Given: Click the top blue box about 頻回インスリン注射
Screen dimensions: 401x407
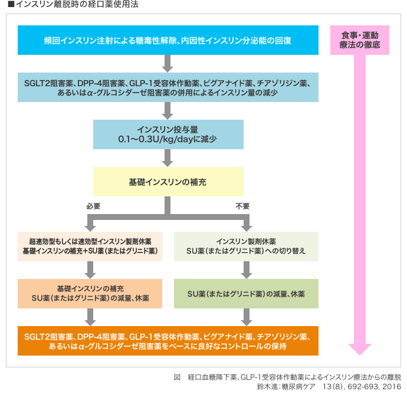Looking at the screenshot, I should [168, 41].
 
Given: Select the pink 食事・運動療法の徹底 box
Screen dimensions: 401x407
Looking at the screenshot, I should [360, 40].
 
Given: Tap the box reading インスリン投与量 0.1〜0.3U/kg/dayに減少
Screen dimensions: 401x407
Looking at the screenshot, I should [168, 134].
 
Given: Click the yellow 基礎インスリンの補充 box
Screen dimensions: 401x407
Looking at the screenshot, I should [168, 181].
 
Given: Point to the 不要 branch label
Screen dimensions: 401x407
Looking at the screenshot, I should [242, 206].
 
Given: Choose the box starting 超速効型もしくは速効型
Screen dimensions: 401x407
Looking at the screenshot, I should [90, 246].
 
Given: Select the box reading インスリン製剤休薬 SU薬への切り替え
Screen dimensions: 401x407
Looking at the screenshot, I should [246, 246].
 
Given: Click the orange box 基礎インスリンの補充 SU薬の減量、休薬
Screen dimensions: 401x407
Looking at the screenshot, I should [90, 293].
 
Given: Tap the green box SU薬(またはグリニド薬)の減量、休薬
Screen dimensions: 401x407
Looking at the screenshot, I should [246, 293].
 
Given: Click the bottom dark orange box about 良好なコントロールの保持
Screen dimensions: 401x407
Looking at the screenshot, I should [168, 341].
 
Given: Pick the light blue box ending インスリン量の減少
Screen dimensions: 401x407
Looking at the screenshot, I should [168, 87].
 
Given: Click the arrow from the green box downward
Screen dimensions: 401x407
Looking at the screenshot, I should [246, 317].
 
